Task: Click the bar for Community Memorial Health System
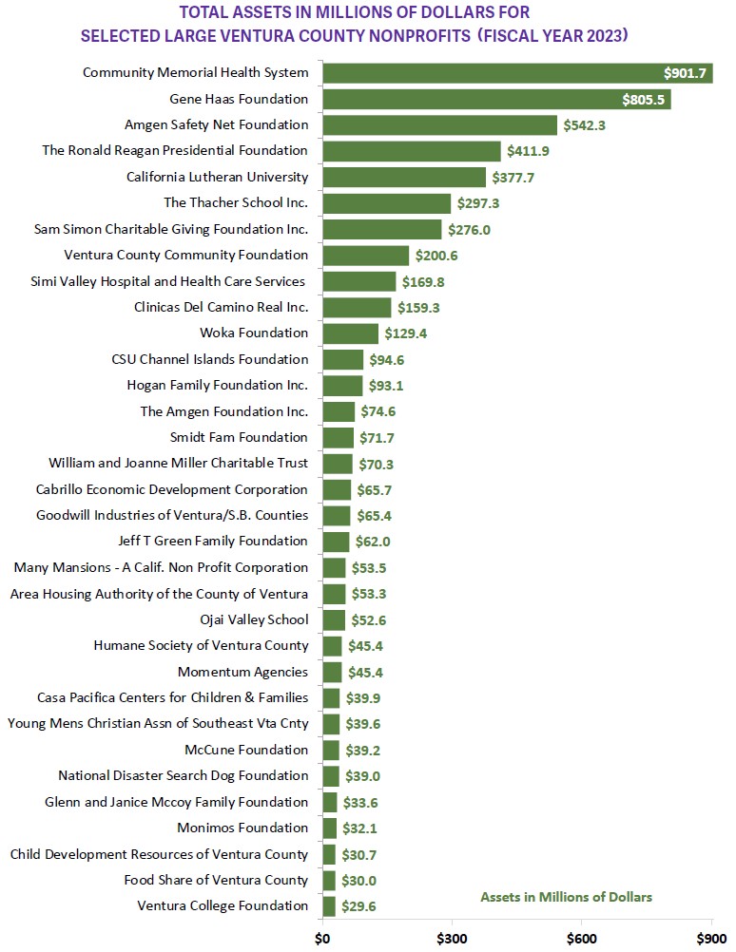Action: pyautogui.click(x=517, y=72)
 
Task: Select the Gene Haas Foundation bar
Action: pyautogui.click(x=496, y=99)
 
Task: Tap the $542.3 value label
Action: pyautogui.click(x=589, y=124)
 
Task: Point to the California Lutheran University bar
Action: pyautogui.click(x=404, y=177)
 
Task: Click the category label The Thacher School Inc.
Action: pyautogui.click(x=236, y=202)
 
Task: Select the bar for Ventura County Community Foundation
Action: pyautogui.click(x=366, y=255)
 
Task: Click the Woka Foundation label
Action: pyautogui.click(x=254, y=333)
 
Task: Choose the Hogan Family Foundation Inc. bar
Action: pyautogui.click(x=342, y=385)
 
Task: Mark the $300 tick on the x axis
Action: pyautogui.click(x=452, y=939)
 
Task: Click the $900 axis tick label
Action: pyautogui.click(x=711, y=939)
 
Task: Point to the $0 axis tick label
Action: pyautogui.click(x=322, y=939)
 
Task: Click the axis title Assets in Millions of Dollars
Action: pyautogui.click(x=566, y=897)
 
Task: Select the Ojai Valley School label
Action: pyautogui.click(x=254, y=619)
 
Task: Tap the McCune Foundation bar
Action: pyautogui.click(x=331, y=750)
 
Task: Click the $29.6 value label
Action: pyautogui.click(x=360, y=906)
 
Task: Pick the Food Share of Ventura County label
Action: pyautogui.click(x=216, y=880)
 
